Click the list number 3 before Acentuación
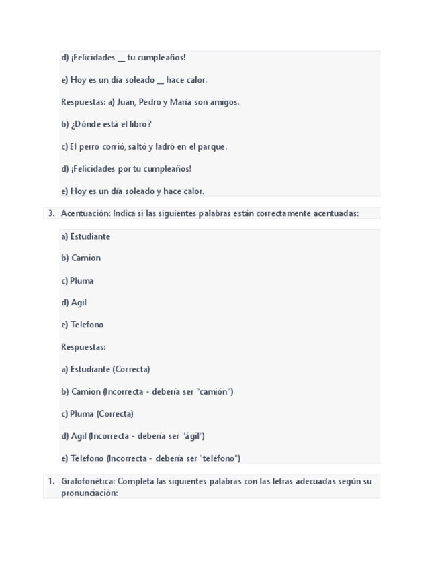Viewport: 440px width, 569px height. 51,213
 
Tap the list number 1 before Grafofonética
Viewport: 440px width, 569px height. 50,481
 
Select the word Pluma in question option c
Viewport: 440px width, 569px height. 82,280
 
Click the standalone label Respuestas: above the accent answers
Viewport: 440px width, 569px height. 83,347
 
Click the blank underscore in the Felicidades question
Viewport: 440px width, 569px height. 122,60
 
